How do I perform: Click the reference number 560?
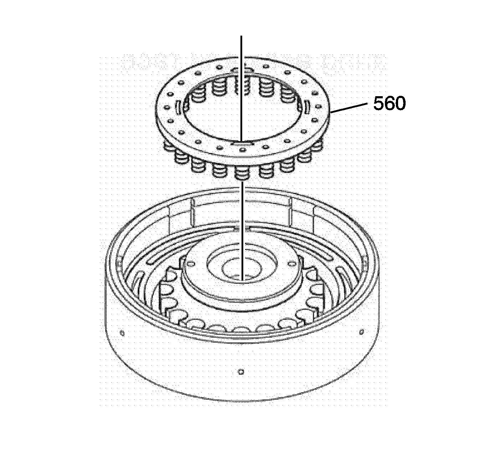point(390,104)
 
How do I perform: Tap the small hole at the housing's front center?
point(241,372)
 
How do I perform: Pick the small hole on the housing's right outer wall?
point(362,332)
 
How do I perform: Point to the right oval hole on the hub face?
point(292,263)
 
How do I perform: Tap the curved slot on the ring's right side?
point(307,107)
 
